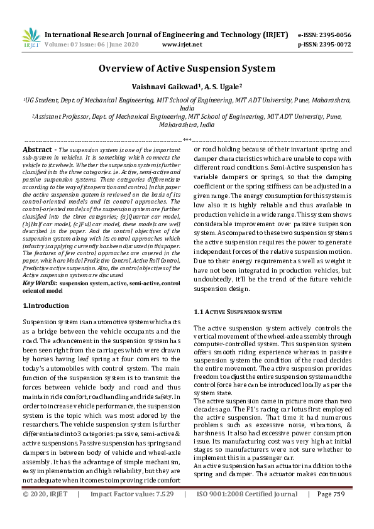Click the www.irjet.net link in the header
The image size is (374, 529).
click(182, 45)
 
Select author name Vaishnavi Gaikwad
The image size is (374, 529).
click(160, 86)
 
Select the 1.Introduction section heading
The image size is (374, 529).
click(46, 305)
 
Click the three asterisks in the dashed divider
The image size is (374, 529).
click(187, 139)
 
